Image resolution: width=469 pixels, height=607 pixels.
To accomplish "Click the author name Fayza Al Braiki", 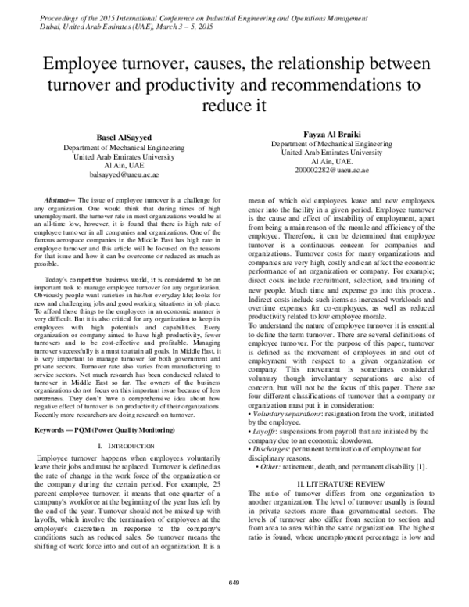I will coord(328,135).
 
